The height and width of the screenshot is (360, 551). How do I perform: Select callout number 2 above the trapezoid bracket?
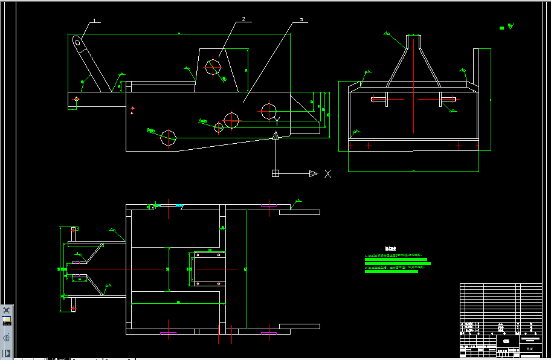point(243,19)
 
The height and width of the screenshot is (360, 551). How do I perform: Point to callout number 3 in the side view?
point(301,20)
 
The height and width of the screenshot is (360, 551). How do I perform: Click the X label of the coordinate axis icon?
point(327,174)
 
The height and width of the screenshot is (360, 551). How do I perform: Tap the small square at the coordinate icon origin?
point(275,173)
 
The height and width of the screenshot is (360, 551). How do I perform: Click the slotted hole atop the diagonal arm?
point(78,42)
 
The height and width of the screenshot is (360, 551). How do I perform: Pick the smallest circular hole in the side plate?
point(219,127)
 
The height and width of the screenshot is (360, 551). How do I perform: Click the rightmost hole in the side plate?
point(268,111)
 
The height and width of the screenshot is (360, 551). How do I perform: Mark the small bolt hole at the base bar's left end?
point(77,99)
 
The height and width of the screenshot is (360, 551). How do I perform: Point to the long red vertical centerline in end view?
point(413,91)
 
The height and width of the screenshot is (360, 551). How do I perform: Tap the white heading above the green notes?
point(390,248)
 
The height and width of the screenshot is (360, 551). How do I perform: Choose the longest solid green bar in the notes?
point(398,263)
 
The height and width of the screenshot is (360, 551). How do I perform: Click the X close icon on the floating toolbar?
point(7,310)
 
